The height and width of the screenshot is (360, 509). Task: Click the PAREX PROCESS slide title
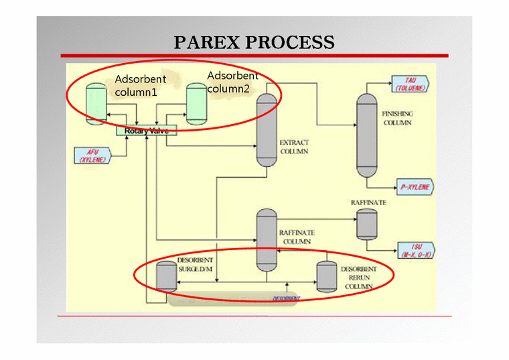pyautogui.click(x=254, y=43)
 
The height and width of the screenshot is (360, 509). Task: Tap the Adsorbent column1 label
pyautogui.click(x=140, y=86)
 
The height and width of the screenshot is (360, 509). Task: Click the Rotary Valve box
pyautogui.click(x=146, y=131)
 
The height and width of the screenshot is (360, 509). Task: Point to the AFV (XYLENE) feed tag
pyautogui.click(x=91, y=156)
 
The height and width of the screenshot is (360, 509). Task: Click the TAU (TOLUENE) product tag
pyautogui.click(x=409, y=84)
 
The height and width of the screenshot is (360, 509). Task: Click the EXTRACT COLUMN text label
pyautogui.click(x=294, y=147)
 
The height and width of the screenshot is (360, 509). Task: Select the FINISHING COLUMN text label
pyautogui.click(x=397, y=118)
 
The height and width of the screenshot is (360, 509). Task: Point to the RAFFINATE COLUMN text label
pyautogui.click(x=296, y=237)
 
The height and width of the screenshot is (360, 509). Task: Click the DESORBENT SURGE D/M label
pyautogui.click(x=195, y=264)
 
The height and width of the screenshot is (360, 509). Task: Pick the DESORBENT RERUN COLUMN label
pyautogui.click(x=358, y=278)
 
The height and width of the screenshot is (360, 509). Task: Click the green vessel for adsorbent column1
pyautogui.click(x=97, y=103)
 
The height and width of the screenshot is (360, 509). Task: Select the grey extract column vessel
pyautogui.click(x=267, y=129)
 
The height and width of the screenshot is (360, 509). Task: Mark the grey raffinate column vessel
pyautogui.click(x=267, y=238)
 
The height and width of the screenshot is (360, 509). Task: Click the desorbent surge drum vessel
pyautogui.click(x=165, y=276)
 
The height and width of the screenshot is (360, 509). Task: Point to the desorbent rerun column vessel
pyautogui.click(x=325, y=275)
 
